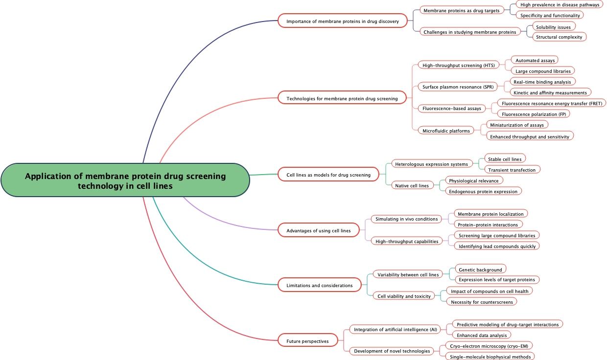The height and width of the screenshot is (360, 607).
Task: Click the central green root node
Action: point(125,180)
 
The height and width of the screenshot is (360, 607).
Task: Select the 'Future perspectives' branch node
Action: point(307,341)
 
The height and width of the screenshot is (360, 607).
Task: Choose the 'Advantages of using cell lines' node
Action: point(318,230)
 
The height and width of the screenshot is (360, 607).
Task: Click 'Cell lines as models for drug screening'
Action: point(328,175)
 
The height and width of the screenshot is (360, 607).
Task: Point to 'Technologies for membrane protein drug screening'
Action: point(342,98)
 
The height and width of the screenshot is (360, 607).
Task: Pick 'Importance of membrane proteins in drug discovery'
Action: point(342,21)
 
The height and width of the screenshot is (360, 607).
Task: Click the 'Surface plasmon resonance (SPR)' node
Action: point(458,87)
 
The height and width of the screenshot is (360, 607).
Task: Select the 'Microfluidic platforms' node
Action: point(446,131)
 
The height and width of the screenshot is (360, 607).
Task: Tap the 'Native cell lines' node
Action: point(412,185)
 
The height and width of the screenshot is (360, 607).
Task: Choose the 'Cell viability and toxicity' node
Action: point(404,296)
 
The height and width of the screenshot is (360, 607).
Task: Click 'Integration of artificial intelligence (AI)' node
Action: point(396,329)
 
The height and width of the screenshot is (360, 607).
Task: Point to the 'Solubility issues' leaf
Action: point(553,26)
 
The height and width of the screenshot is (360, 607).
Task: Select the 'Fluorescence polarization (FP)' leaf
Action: point(534,114)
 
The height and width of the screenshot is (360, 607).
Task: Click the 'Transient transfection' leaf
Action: point(512,170)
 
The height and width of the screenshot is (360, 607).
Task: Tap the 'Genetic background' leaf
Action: point(480,270)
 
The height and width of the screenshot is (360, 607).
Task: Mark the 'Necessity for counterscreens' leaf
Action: point(482,302)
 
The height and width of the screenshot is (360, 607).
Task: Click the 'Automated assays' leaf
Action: point(535,60)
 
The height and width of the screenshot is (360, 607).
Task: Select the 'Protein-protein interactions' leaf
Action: point(488,225)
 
